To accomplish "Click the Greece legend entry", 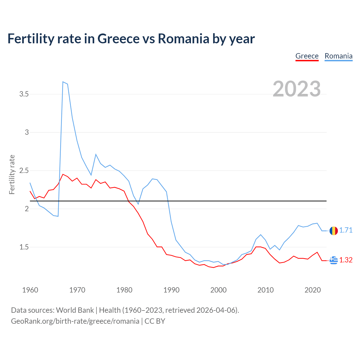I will tap(307, 56).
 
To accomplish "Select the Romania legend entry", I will tap(338, 56).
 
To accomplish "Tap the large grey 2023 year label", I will tap(297, 89).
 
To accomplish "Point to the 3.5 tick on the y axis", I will tap(24, 94).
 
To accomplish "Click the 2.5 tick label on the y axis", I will tap(24, 171).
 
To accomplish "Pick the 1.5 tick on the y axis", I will tap(24, 247).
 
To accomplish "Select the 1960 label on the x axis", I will tap(30, 290).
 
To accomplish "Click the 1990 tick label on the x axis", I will tap(171, 290).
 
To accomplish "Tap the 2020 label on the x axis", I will tap(312, 290).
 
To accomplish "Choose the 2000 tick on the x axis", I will tap(218, 290).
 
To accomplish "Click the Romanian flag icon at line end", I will tap(334, 231).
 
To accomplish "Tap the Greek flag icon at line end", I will tap(334, 260).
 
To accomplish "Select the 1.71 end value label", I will tap(346, 230).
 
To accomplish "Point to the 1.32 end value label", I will tap(346, 260).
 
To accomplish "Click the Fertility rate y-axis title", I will tap(12, 174).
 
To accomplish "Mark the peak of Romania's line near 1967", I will tap(63, 82).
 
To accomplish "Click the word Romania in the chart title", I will tap(183, 39).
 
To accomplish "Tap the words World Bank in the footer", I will tap(75, 310).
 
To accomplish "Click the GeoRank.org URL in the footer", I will tap(75, 321).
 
